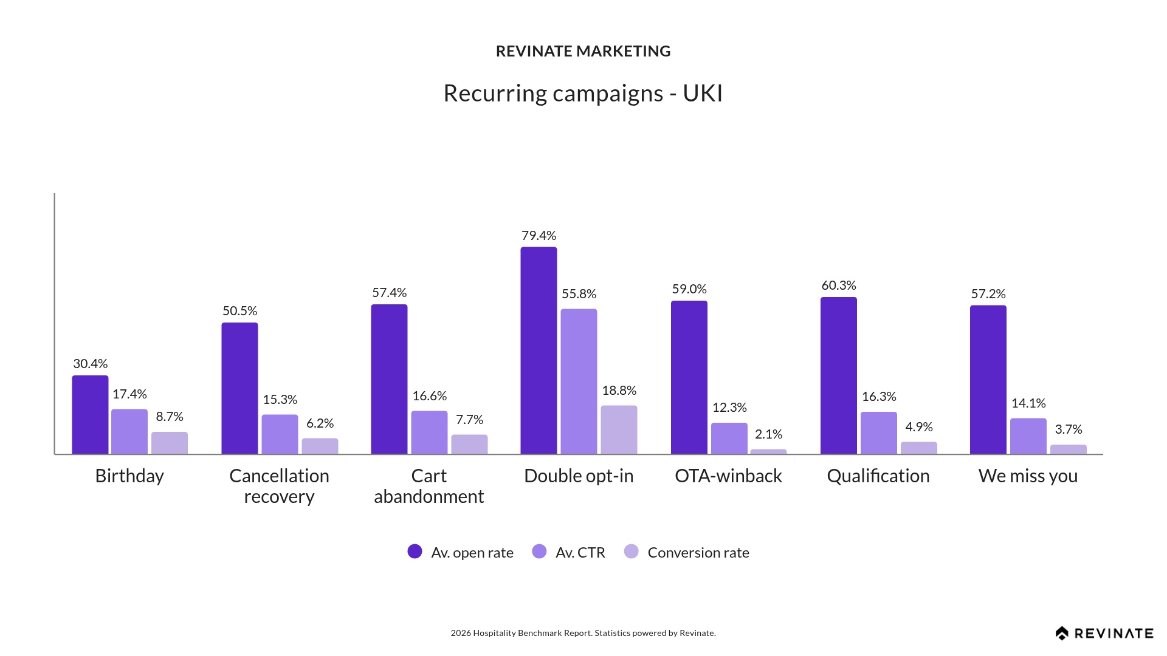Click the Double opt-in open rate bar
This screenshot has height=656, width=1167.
click(x=539, y=350)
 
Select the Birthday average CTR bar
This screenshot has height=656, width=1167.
click(x=129, y=431)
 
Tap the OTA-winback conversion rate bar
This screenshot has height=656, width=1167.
click(x=768, y=451)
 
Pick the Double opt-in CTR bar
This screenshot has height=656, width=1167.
click(x=579, y=381)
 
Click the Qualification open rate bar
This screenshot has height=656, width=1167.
click(x=839, y=375)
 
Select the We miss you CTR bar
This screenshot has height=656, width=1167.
click(x=1028, y=436)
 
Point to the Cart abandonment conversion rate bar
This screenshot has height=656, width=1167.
click(x=469, y=444)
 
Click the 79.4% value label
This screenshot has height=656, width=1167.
click(x=539, y=236)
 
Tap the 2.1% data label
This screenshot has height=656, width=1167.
click(x=768, y=434)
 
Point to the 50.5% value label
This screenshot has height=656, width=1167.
click(x=239, y=311)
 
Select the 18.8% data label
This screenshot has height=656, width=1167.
click(x=619, y=391)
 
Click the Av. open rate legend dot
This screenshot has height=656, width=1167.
click(x=415, y=552)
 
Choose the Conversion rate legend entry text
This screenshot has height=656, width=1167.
click(x=698, y=553)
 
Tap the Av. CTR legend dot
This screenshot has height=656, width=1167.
click(x=539, y=552)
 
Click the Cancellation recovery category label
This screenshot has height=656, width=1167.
click(x=279, y=486)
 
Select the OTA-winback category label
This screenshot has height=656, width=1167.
click(x=728, y=476)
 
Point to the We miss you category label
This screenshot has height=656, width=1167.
click(x=1028, y=476)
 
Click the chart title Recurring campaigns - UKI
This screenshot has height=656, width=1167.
click(x=583, y=94)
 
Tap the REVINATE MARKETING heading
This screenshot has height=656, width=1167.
click(x=583, y=52)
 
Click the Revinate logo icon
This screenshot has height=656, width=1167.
click(x=1062, y=634)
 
